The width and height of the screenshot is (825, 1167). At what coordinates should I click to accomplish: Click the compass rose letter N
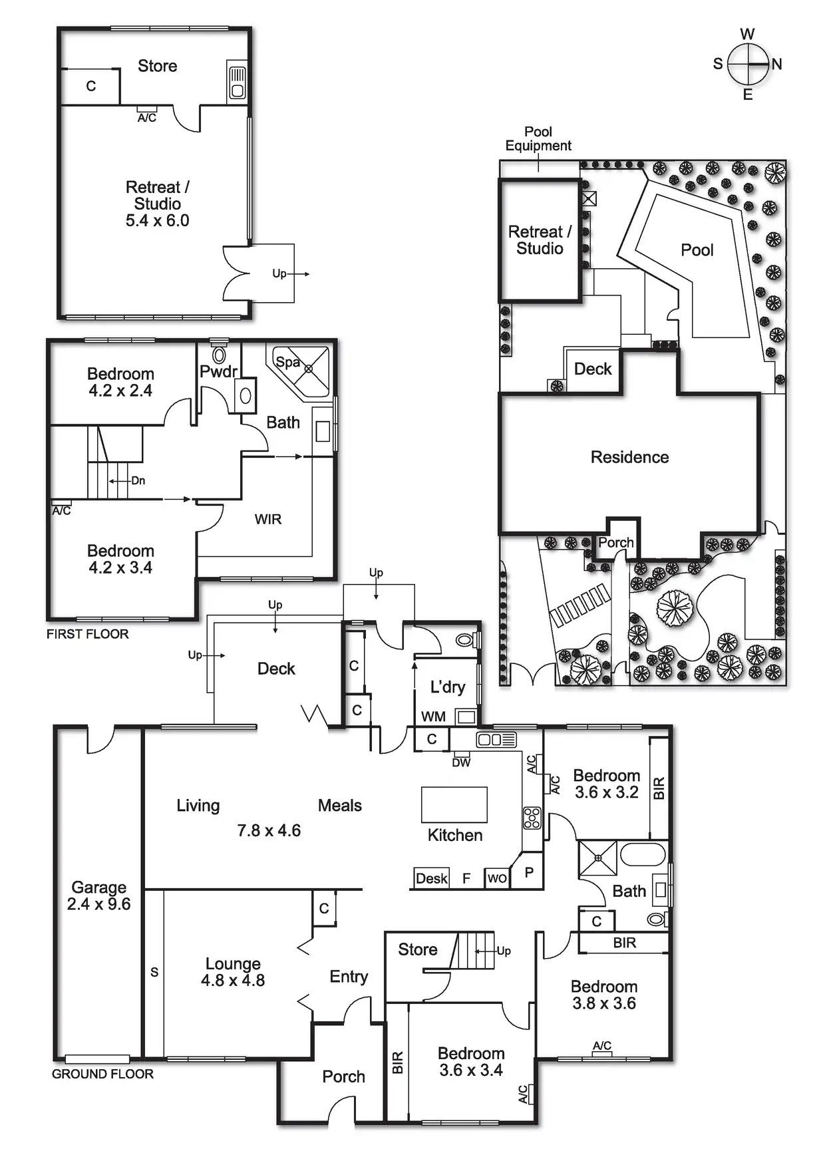776,65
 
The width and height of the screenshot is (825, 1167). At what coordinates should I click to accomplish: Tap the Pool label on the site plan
697,250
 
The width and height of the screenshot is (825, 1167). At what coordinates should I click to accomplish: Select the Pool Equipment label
538,138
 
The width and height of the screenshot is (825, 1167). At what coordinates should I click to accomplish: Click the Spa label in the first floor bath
287,363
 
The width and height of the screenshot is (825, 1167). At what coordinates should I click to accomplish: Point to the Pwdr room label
218,371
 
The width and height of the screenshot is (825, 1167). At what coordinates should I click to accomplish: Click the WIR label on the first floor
268,519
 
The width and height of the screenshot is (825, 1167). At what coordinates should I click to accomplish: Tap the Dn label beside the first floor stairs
138,480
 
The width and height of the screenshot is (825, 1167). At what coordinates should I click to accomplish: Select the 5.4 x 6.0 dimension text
158,221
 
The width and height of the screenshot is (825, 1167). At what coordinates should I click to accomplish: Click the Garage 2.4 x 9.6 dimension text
98,904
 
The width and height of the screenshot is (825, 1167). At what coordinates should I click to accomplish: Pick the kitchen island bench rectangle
454,804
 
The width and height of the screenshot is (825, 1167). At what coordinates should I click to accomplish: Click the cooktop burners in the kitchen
532,818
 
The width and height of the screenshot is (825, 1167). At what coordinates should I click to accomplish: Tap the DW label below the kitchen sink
461,762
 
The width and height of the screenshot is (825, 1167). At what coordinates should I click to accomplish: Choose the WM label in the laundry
433,717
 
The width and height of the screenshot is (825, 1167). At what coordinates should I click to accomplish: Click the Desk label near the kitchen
432,878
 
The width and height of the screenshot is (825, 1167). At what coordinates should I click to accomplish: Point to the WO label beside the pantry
497,878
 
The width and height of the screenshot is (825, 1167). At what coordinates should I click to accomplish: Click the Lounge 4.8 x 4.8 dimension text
233,980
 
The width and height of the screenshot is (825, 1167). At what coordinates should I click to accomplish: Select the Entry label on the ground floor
349,976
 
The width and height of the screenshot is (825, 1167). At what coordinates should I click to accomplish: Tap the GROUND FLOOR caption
102,1074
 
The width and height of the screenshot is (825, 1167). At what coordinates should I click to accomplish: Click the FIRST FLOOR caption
88,634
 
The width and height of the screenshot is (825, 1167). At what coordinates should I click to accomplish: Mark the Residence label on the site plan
629,457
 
